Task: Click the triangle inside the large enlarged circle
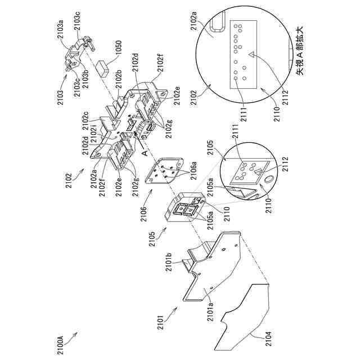click(250, 55)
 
